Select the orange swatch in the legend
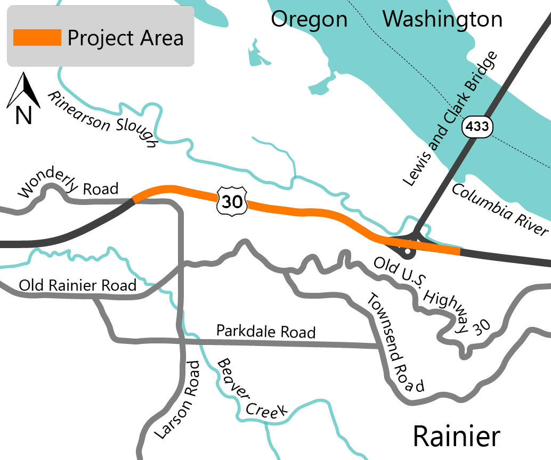point(37,38)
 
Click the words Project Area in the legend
point(125,38)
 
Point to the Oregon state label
point(309,20)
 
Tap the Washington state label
point(442,20)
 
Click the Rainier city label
point(457,437)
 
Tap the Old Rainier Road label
point(77,285)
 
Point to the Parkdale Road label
point(266,331)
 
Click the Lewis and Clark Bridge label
point(450,119)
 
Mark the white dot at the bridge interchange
point(407,250)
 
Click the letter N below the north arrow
point(23,115)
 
